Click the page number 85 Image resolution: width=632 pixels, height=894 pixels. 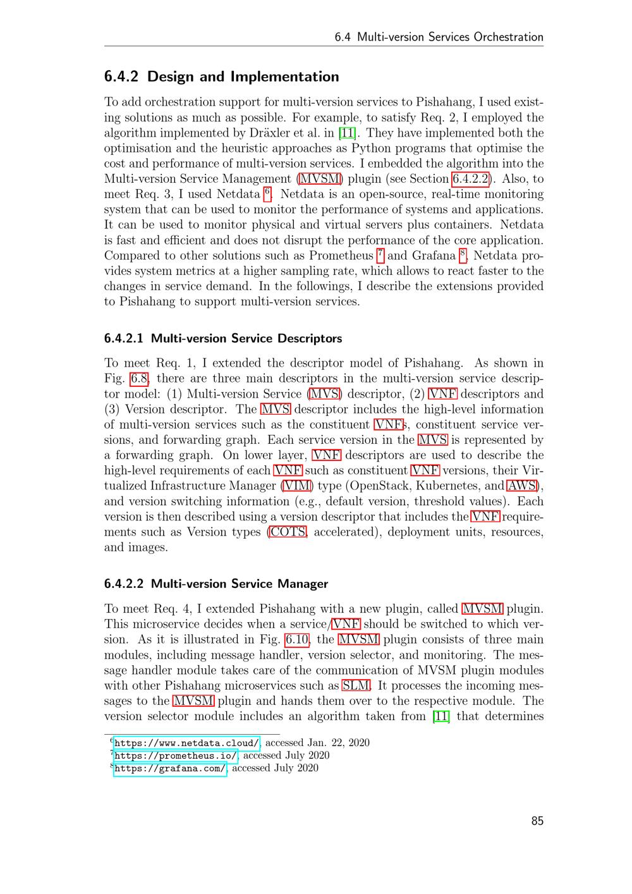coord(537,821)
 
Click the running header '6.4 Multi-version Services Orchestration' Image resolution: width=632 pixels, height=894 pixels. coord(439,37)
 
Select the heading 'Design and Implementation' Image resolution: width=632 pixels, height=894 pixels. coord(243,77)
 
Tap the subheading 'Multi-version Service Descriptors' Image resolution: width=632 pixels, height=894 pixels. coord(246,338)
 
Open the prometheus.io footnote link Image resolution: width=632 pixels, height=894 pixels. coord(176,756)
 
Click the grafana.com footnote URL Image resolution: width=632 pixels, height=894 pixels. coord(170,768)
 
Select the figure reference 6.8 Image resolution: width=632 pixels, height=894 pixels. coord(139,379)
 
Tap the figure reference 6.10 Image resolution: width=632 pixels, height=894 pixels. coord(297,639)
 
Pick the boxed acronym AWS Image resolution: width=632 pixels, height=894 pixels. coord(522,486)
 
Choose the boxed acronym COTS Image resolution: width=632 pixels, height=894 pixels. coord(288,532)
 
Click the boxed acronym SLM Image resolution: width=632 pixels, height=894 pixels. coord(356,686)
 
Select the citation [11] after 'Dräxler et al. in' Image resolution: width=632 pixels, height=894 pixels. coord(346,133)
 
